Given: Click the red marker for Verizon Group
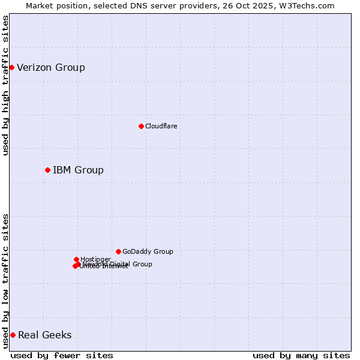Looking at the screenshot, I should coord(11,67).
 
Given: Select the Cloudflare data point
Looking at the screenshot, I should coord(141,126).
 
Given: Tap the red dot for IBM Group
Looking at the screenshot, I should coord(47,170).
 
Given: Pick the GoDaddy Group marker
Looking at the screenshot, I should coord(118,251).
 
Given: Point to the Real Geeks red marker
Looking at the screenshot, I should coord(13,335).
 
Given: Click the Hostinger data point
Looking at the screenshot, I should coord(76,259).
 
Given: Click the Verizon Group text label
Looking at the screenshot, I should coord(51,67).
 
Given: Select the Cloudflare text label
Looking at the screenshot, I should coord(161,126).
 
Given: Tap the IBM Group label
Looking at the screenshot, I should coord(78,170).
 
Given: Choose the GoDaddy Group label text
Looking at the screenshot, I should coord(148,251).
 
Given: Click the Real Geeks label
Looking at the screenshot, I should coord(45,335).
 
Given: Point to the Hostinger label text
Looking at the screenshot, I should coord(95,259).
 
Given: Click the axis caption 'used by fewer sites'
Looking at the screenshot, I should coord(62,355).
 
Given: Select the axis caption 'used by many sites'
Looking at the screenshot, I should coord(301,355).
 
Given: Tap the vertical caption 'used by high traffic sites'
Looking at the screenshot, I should coord(5,85).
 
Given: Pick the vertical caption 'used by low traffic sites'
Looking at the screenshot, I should coord(5,281).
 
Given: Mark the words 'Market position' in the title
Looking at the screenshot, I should coord(53,5).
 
